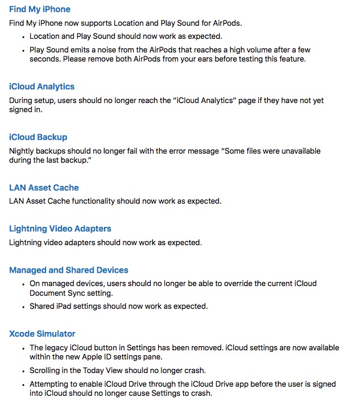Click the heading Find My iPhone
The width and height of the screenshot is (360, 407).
coord(40,10)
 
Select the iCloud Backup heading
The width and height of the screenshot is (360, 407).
coord(38,138)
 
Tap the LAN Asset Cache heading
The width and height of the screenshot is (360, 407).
coord(44,188)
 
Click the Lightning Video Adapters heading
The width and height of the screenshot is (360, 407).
coord(60,229)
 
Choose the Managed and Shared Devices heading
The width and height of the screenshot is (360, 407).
coord(68,271)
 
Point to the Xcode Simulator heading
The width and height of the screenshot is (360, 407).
coord(42,334)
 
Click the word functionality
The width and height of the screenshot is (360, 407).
coord(101,201)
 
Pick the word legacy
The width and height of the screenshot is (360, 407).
coord(58,348)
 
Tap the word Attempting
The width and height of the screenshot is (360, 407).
coord(50,384)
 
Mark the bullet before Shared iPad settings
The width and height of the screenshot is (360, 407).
coord(23,307)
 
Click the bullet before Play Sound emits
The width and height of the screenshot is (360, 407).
coord(23,50)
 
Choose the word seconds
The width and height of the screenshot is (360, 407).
coord(45,59)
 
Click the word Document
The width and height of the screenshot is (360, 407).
coord(49,293)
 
